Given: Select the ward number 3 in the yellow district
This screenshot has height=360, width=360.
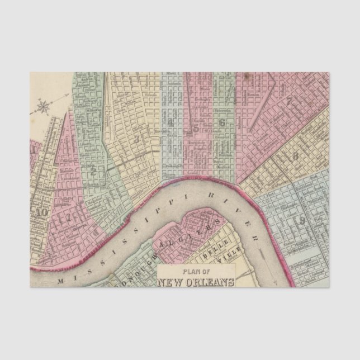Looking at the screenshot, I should (x=136, y=138).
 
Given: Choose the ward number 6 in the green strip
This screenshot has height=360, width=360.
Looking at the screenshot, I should (x=222, y=123).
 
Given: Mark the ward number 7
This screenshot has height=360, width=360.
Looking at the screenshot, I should (x=290, y=102).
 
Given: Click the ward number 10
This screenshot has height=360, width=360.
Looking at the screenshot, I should (x=40, y=212).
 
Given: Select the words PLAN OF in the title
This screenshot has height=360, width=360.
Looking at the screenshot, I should (x=196, y=273).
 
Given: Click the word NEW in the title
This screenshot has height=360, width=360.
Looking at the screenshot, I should (x=171, y=282).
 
